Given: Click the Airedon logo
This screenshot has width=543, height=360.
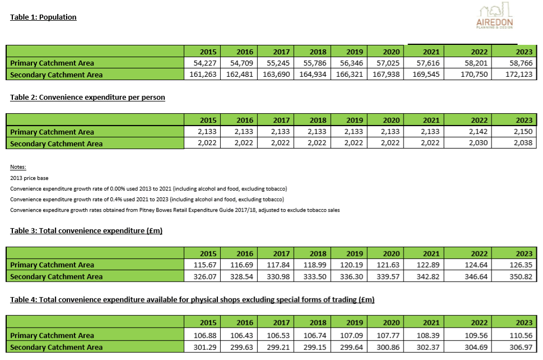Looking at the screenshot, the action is [494, 16].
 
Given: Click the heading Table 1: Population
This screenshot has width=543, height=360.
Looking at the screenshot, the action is [43, 17].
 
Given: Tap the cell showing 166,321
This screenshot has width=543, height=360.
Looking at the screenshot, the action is [350, 74].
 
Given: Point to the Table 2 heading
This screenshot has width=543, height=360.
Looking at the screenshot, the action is [87, 98].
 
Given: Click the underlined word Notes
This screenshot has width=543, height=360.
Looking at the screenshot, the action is [18, 167].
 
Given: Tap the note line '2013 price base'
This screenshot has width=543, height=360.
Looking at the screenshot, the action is [30, 178].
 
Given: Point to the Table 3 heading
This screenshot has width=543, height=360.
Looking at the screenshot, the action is [86, 231].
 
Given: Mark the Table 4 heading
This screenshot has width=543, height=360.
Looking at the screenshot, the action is [192, 299].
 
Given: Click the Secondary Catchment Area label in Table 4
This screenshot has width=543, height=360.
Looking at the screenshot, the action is [57, 347].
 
